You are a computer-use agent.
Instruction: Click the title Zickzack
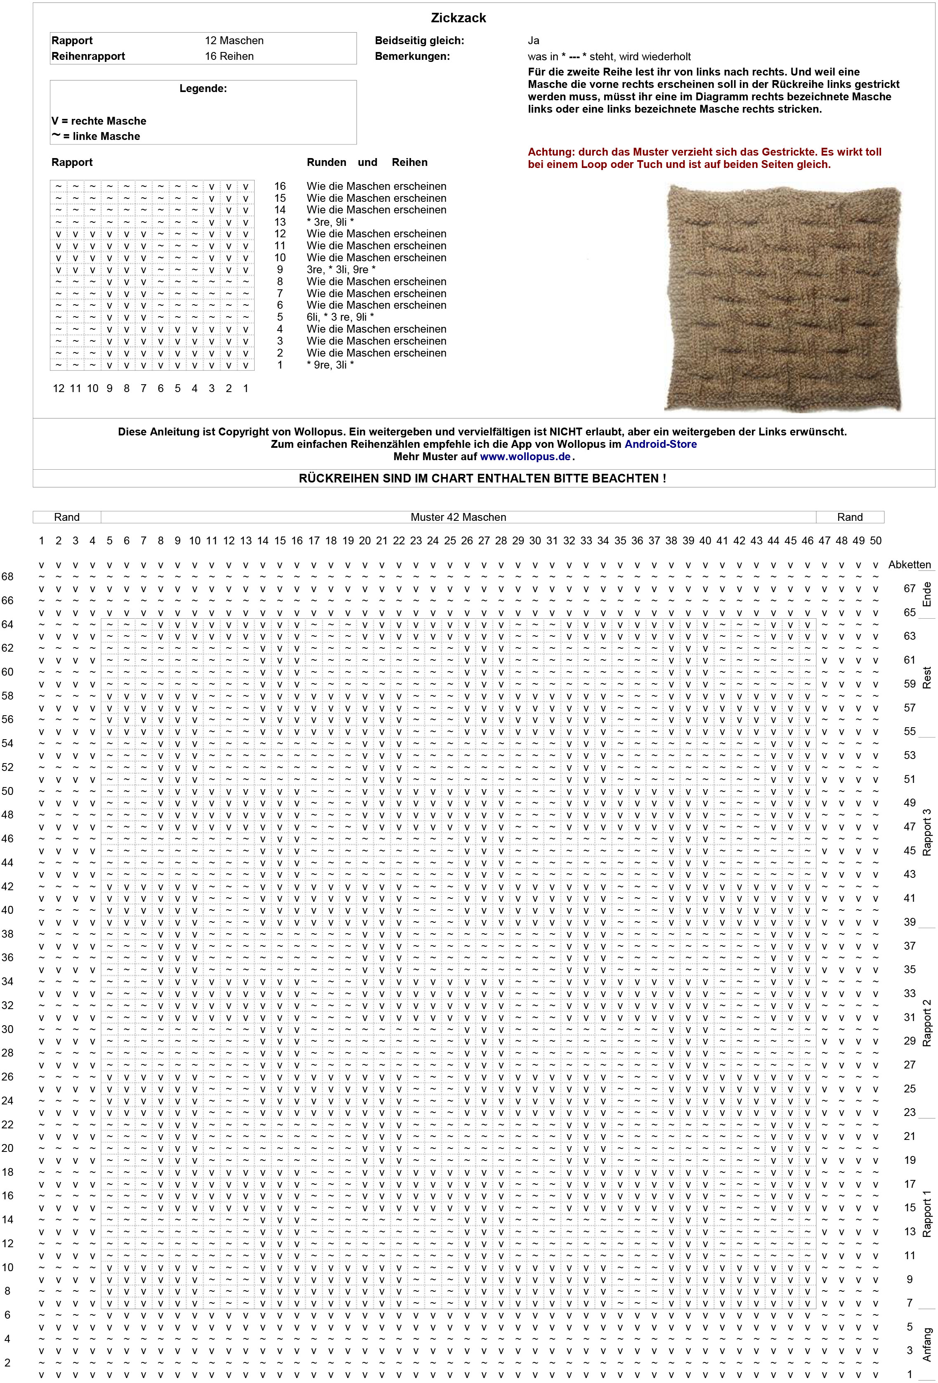point(458,18)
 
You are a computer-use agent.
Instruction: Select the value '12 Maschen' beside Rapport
point(234,40)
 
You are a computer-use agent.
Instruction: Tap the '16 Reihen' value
point(229,57)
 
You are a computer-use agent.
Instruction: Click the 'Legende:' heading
point(203,89)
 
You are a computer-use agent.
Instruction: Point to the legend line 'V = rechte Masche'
point(99,121)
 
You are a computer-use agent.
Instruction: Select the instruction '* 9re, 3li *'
point(330,365)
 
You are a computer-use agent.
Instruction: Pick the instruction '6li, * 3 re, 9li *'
point(340,317)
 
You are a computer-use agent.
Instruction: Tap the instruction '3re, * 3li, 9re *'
point(341,270)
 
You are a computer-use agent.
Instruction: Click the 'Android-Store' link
point(660,444)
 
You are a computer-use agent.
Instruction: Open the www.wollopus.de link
point(525,456)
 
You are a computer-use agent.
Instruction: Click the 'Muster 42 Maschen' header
point(458,517)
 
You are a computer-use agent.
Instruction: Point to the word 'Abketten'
point(910,565)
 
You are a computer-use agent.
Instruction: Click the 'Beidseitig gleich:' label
point(419,40)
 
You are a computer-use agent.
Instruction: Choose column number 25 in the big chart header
point(450,541)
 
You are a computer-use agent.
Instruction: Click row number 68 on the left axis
point(7,577)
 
